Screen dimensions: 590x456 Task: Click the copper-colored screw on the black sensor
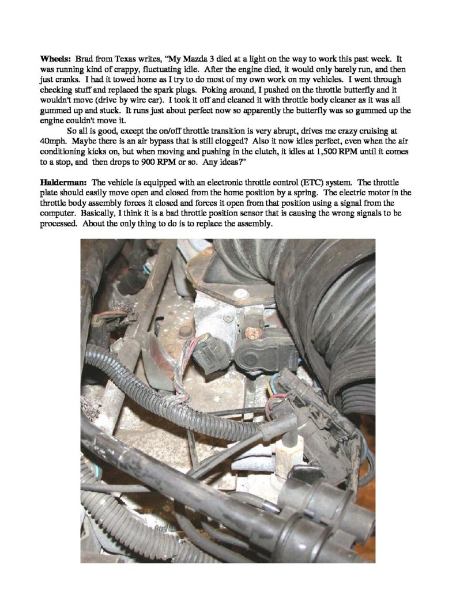(x=252, y=334)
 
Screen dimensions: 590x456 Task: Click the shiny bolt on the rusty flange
(x=186, y=332)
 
